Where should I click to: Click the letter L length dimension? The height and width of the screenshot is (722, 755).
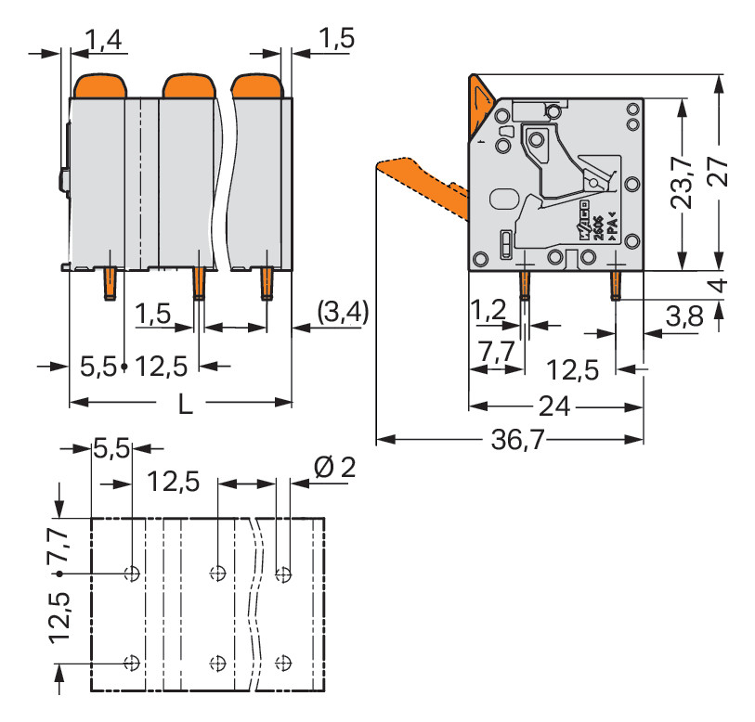(185, 405)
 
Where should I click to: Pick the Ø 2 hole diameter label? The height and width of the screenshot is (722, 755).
(334, 469)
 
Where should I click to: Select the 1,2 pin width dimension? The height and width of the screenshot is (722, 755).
(488, 312)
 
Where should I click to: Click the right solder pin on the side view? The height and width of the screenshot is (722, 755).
(615, 284)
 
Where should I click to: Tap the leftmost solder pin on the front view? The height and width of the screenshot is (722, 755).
(109, 285)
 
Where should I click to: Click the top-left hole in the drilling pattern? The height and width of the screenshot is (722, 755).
(133, 572)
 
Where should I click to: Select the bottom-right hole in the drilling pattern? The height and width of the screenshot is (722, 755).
(283, 664)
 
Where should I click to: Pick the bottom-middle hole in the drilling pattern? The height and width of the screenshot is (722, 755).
(217, 664)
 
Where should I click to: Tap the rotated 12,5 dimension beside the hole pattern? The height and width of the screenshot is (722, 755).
(61, 619)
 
